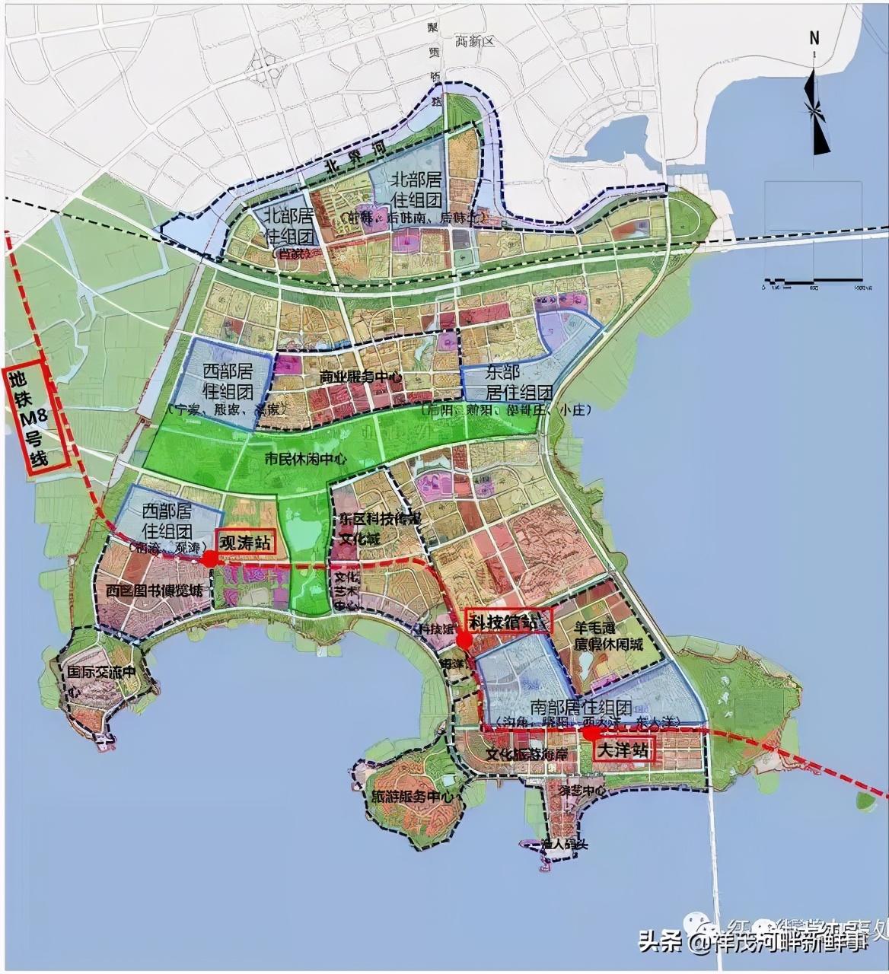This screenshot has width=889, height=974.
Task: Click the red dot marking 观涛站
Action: tap(209, 558)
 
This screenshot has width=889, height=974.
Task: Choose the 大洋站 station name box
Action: tap(623, 750)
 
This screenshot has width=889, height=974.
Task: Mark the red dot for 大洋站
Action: tap(589, 733)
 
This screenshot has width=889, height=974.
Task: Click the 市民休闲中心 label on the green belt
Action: tap(305, 459)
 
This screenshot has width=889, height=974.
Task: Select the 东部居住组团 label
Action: tap(511, 382)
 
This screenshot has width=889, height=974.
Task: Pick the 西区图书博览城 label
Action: tap(155, 590)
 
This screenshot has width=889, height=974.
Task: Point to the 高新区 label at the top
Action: tap(473, 41)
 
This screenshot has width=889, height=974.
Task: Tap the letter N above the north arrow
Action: tap(814, 38)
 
